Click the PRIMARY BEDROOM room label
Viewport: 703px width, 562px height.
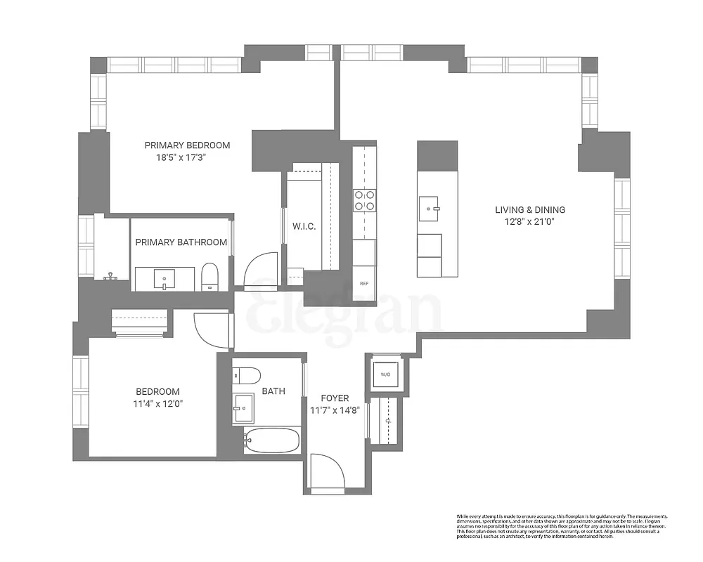click(x=187, y=145)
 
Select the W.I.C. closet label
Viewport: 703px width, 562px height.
click(x=304, y=226)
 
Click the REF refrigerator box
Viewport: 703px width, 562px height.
click(x=364, y=284)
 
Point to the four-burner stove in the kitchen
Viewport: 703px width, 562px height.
click(x=364, y=200)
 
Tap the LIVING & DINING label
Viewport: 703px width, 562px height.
click(x=530, y=209)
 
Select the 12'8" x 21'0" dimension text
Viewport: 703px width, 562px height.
click(x=530, y=222)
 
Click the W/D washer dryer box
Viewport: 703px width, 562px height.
click(x=385, y=374)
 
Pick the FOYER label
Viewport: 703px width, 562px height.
click(x=335, y=398)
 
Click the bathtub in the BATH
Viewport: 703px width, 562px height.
click(x=272, y=441)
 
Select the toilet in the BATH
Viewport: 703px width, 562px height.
click(x=247, y=375)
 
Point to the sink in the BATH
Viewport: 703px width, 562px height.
click(x=244, y=406)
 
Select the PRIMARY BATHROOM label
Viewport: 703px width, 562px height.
click(x=181, y=242)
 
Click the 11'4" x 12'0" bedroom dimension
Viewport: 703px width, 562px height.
click(x=158, y=404)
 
